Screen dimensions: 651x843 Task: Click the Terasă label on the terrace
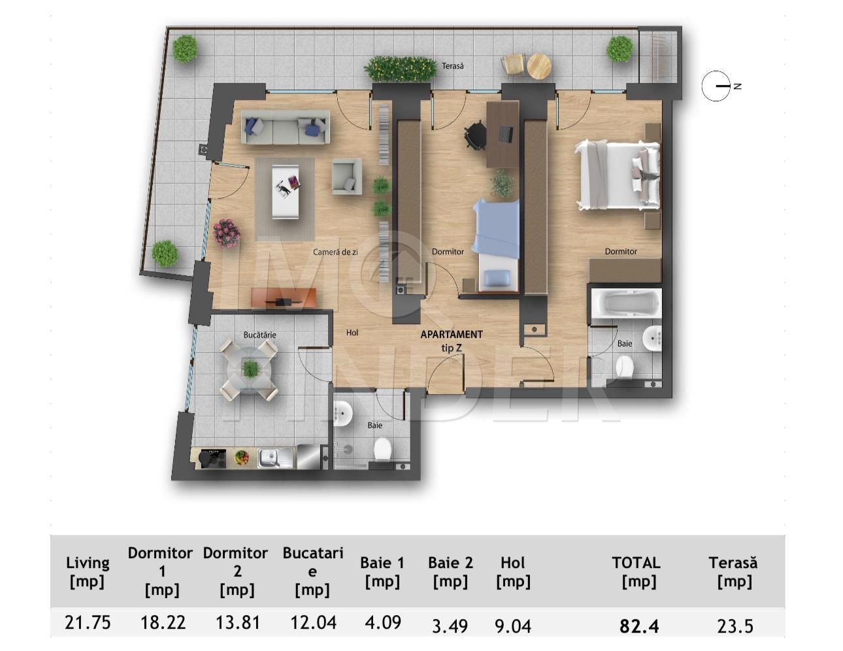click(x=452, y=66)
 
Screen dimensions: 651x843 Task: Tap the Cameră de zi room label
click(x=335, y=252)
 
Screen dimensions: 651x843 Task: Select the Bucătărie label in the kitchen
click(x=259, y=335)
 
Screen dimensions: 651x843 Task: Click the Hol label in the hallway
click(x=352, y=333)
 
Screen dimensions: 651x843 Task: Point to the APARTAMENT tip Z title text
click(x=452, y=341)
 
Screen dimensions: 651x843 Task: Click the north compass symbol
click(x=716, y=86)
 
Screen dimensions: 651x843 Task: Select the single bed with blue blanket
click(x=497, y=245)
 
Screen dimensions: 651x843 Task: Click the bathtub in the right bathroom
click(x=625, y=304)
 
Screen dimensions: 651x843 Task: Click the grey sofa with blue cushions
click(x=286, y=127)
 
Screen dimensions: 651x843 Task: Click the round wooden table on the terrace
click(x=539, y=65)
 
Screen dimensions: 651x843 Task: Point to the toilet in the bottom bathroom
click(x=382, y=450)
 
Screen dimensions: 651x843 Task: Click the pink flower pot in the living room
click(x=226, y=232)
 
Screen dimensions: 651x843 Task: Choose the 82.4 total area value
click(x=638, y=626)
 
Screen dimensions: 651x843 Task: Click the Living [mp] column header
click(x=88, y=571)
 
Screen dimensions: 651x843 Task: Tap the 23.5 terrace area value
click(x=735, y=626)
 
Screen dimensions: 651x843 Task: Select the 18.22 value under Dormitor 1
click(x=162, y=622)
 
